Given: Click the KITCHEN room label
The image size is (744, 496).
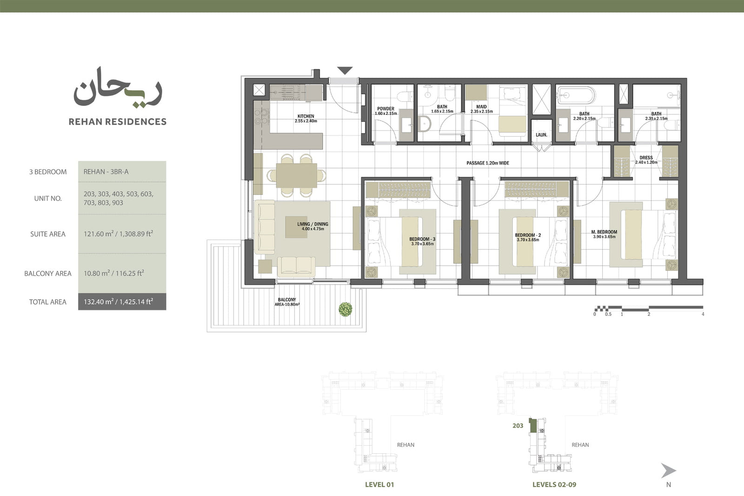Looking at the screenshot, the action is click(x=306, y=116).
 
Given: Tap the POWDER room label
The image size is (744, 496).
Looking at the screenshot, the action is click(x=385, y=109).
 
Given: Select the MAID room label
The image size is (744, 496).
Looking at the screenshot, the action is click(x=481, y=107).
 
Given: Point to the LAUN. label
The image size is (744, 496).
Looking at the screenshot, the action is click(x=541, y=135).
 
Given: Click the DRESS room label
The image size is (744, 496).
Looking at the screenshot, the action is click(x=646, y=158).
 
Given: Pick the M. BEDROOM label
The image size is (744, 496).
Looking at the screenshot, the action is click(x=604, y=232).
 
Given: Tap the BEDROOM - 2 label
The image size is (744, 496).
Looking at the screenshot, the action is click(x=528, y=235).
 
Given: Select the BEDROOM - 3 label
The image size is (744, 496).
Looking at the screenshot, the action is click(x=422, y=239).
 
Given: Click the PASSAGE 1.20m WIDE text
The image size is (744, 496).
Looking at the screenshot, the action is click(x=488, y=163).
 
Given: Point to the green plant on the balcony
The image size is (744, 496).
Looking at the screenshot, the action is click(x=345, y=309).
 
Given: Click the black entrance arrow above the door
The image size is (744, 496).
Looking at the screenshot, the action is click(x=345, y=70).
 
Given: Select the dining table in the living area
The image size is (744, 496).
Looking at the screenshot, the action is click(x=296, y=175).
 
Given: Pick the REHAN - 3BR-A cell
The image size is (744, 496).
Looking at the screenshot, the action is click(x=106, y=172).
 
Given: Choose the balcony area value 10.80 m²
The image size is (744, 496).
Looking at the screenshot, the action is click(x=97, y=273).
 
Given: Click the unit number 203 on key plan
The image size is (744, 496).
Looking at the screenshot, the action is click(x=518, y=426).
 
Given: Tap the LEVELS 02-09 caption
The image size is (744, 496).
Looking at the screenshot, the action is click(x=554, y=485).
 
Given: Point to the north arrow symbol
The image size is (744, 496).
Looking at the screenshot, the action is click(x=668, y=471).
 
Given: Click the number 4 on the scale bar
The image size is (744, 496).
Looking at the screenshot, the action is click(x=703, y=314).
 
